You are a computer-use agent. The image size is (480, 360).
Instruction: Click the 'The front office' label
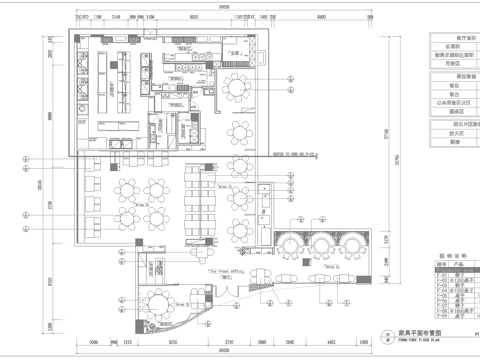point(226,270)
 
